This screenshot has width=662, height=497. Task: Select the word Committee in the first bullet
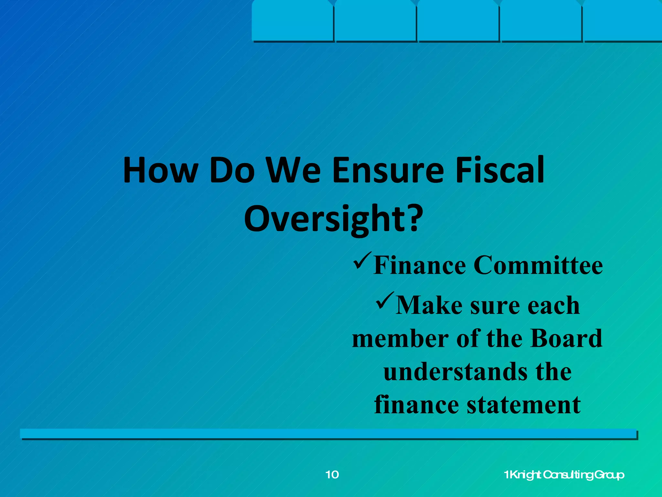click(x=538, y=265)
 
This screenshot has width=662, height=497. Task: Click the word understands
click(x=456, y=371)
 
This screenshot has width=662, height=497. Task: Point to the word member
click(x=400, y=338)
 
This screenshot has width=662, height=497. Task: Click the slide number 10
click(x=332, y=475)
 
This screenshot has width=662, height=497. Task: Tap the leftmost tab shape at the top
click(x=293, y=21)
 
